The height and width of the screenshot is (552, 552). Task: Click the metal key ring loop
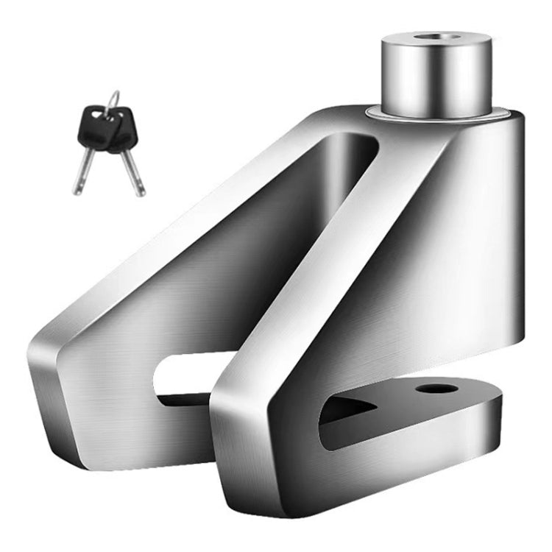click(112, 101)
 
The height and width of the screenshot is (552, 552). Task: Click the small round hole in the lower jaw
click(429, 388)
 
